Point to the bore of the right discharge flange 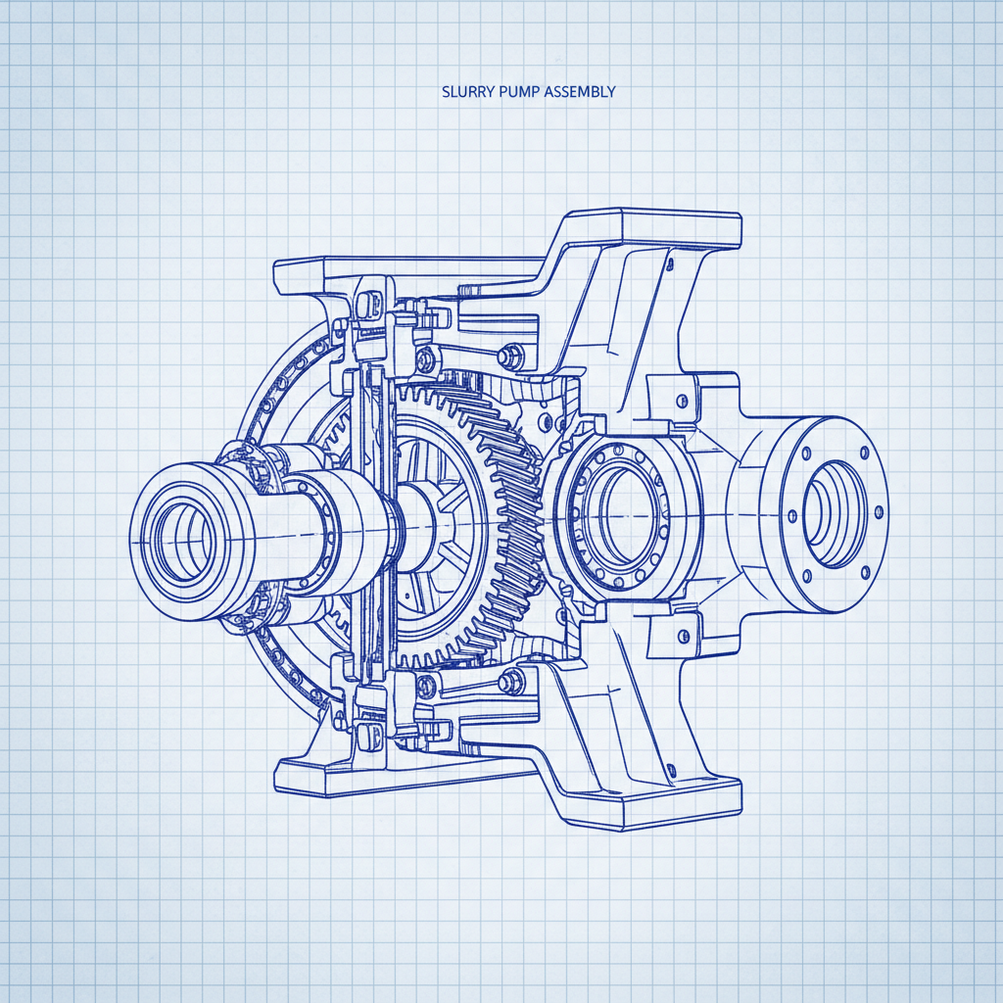833,513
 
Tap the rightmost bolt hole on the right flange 878,511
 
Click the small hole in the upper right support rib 671,263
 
